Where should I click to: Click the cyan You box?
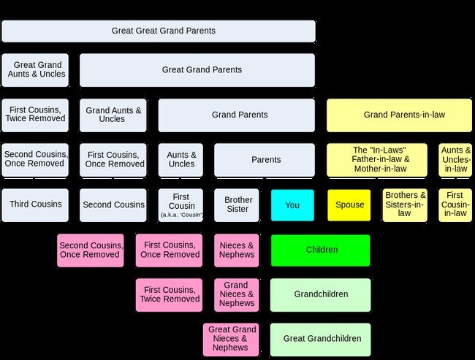[292, 205]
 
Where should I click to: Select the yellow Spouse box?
[349, 205]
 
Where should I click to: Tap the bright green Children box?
[321, 250]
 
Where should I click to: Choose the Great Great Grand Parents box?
[159, 31]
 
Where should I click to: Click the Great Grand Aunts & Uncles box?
[35, 70]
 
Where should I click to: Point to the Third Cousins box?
[35, 205]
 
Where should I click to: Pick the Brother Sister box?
[237, 205]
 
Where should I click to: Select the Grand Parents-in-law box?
[399, 115]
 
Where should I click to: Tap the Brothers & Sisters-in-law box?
[405, 205]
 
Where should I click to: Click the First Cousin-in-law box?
[455, 205]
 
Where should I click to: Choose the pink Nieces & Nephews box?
[237, 250]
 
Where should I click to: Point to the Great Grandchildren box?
[321, 340]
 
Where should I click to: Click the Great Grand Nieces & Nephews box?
[231, 340]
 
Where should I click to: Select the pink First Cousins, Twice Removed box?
[169, 295]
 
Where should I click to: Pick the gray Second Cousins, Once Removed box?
[35, 160]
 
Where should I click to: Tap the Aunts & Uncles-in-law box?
[455, 160]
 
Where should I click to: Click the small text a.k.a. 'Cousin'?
[182, 215]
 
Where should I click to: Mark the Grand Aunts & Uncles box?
[113, 115]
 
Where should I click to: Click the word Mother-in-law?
[380, 169]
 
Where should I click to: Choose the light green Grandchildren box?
[321, 295]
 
